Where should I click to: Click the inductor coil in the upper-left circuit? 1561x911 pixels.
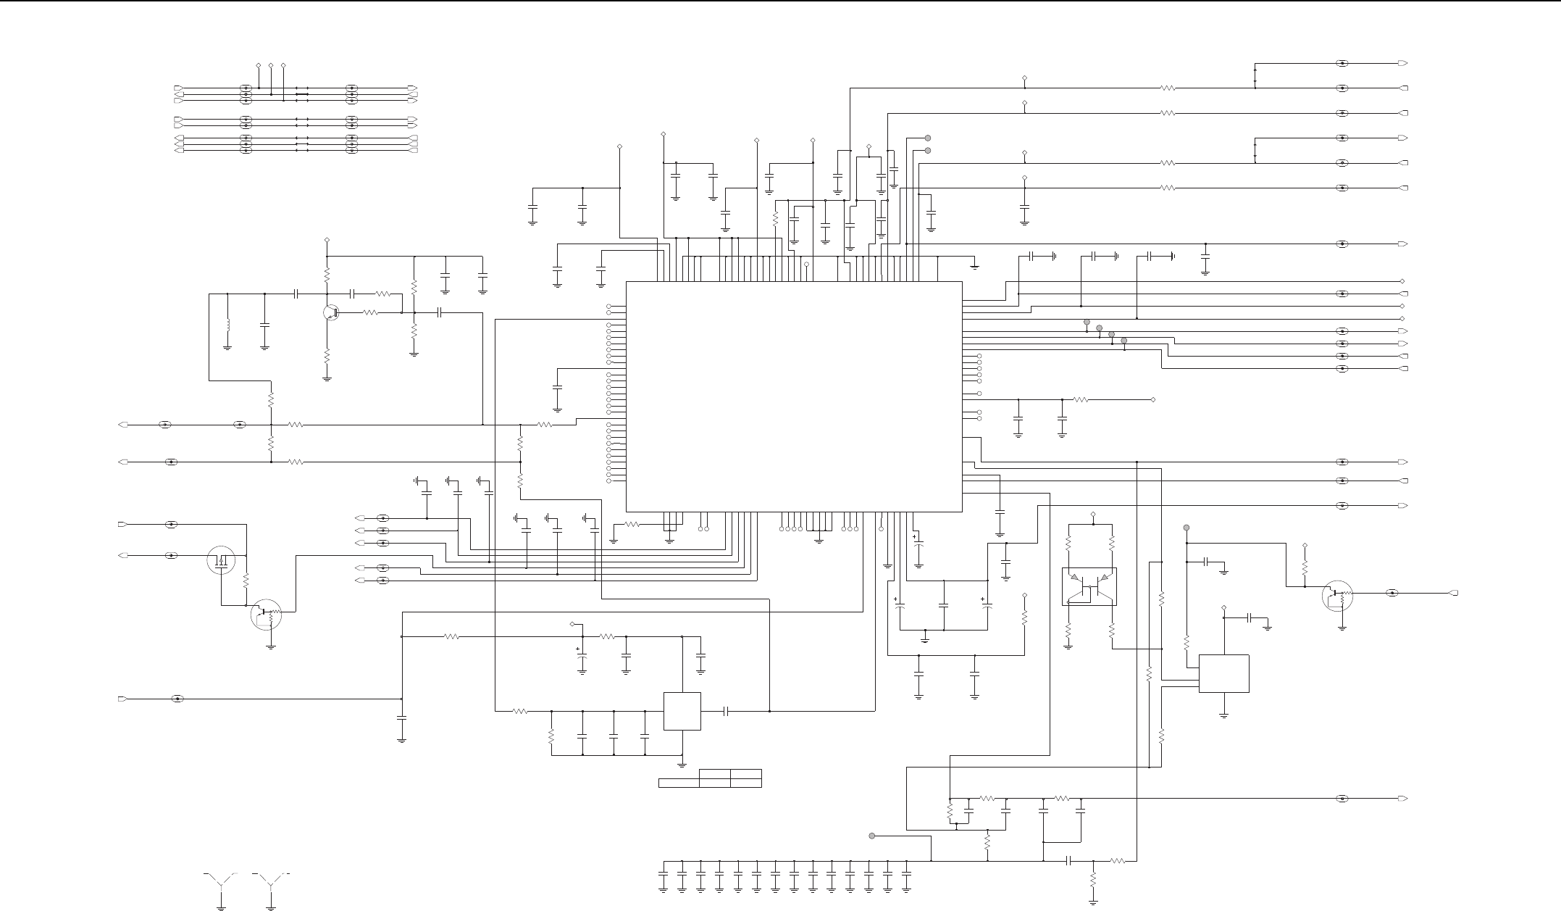[227, 325]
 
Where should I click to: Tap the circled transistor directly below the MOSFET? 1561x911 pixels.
[265, 614]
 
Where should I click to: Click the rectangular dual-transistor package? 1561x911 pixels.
[1089, 586]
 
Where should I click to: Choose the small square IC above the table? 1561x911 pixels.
[682, 711]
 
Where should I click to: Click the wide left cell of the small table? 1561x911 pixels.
[679, 783]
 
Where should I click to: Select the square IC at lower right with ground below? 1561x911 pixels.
[1224, 673]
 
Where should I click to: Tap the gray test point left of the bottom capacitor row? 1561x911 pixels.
[872, 836]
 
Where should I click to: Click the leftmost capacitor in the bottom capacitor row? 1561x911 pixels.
[664, 870]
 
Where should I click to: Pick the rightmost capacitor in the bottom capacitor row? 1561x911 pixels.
[906, 870]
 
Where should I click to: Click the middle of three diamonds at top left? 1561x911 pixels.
[271, 66]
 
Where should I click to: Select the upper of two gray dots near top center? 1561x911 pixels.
[927, 138]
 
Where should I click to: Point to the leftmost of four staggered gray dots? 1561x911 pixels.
[1087, 323]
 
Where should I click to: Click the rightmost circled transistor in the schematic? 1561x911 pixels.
[1337, 594]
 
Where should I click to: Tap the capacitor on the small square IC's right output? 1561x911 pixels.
[726, 711]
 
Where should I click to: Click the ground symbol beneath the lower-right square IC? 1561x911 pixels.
[1224, 715]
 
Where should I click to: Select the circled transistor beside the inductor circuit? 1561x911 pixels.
[331, 312]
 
